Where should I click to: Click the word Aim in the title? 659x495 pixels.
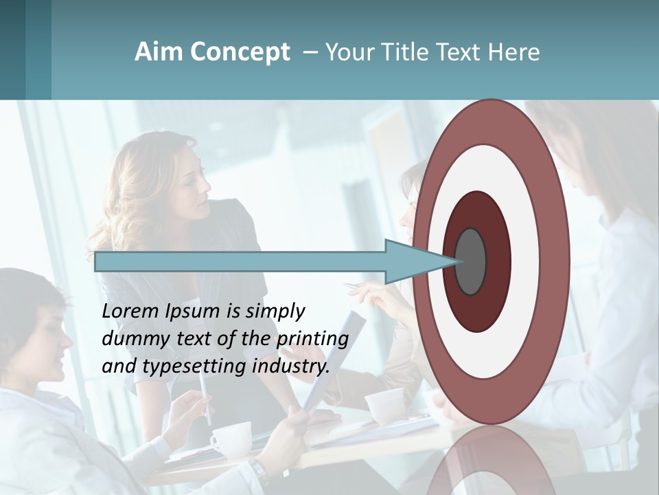tap(159, 52)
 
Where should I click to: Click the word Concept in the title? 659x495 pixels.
tap(240, 52)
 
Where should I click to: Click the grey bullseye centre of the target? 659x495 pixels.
tap(471, 262)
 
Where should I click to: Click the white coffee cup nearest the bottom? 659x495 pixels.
tap(231, 437)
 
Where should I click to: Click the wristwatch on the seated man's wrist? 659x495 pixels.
tap(259, 474)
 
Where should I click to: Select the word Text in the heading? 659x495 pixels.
tap(458, 52)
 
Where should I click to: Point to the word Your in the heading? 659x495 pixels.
tap(347, 52)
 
